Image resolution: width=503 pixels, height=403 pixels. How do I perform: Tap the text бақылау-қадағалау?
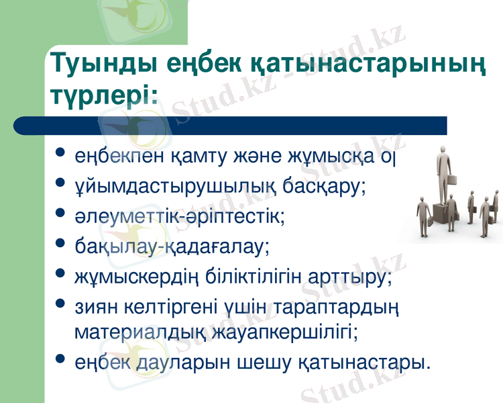click(172, 246)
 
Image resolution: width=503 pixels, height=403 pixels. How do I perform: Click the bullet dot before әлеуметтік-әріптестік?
click(62, 215)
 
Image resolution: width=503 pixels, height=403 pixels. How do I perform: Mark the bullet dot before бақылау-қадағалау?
click(62, 244)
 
